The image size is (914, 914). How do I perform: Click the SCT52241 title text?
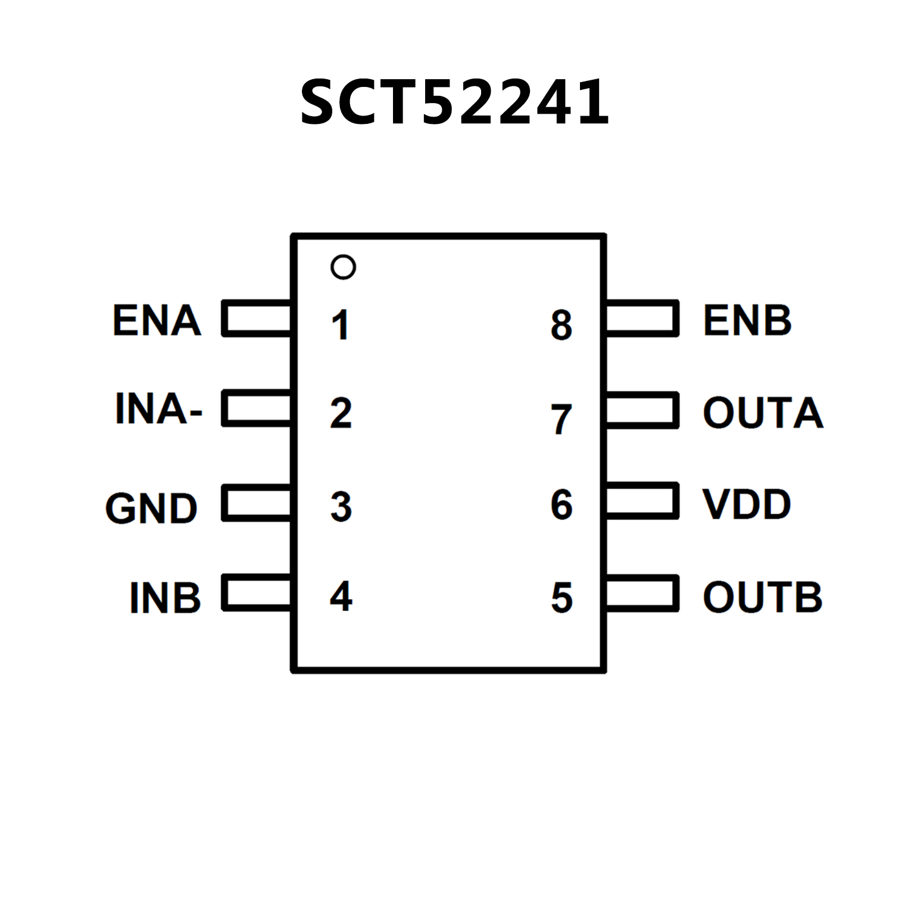pyautogui.click(x=454, y=102)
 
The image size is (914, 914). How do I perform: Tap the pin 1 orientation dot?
pyautogui.click(x=343, y=267)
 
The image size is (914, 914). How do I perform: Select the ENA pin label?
pyautogui.click(x=157, y=320)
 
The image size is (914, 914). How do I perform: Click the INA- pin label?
pyautogui.click(x=158, y=409)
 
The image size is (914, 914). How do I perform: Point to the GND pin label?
pyautogui.click(x=151, y=509)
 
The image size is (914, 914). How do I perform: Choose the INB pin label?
pyautogui.click(x=165, y=598)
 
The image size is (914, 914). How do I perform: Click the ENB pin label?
pyautogui.click(x=747, y=320)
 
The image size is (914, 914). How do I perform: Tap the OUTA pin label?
pyautogui.click(x=763, y=412)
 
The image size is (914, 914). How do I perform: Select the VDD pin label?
pyautogui.click(x=747, y=504)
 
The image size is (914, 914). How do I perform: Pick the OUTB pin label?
pyautogui.click(x=763, y=597)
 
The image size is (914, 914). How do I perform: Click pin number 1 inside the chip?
pyautogui.click(x=340, y=325)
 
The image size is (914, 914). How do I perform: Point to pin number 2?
pyautogui.click(x=341, y=413)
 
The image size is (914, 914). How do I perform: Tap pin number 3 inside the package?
pyautogui.click(x=341, y=507)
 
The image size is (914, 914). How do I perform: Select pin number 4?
pyautogui.click(x=341, y=596)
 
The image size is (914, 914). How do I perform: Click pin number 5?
pyautogui.click(x=561, y=598)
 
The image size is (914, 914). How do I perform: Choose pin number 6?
pyautogui.click(x=561, y=505)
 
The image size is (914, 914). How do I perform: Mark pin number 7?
pyautogui.click(x=561, y=419)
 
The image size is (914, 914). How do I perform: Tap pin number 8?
pyautogui.click(x=561, y=325)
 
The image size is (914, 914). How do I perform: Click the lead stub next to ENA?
pyautogui.click(x=257, y=319)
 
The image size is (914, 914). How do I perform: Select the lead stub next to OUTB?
pyautogui.click(x=642, y=593)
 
